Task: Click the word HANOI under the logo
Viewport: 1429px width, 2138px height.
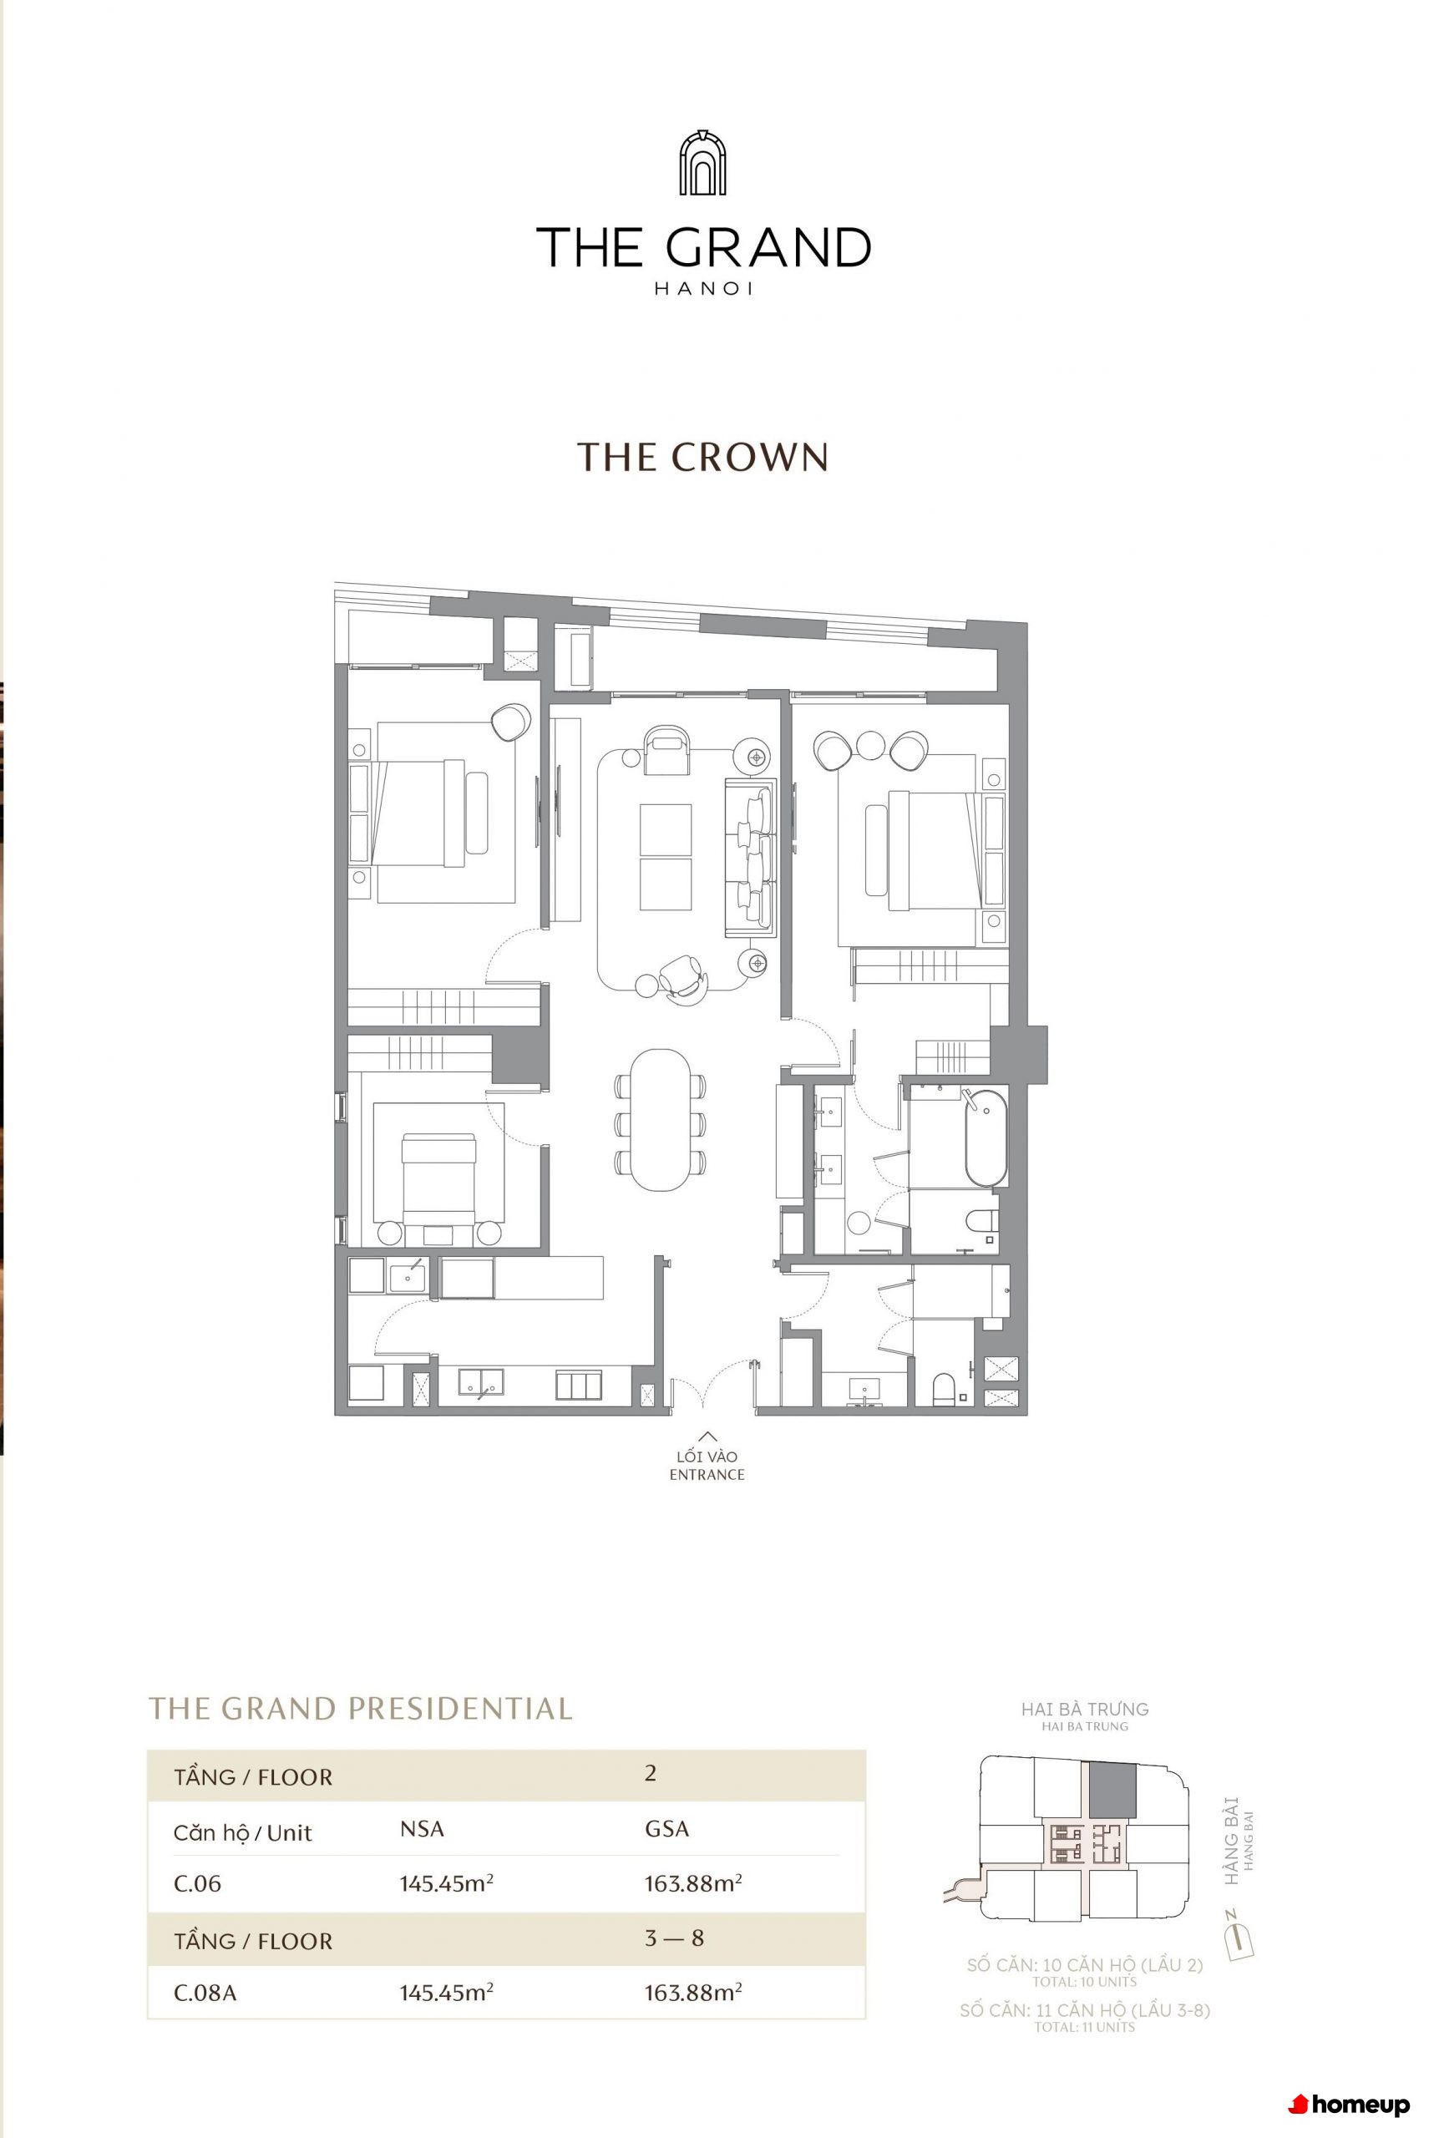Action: pos(703,289)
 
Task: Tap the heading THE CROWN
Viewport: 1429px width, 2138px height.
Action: pos(702,458)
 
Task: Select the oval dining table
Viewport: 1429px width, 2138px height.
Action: pos(661,1120)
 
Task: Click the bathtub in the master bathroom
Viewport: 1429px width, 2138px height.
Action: pos(986,1137)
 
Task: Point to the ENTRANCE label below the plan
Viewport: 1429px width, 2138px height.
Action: pos(707,1475)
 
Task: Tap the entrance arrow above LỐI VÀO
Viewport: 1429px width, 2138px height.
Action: pos(707,1437)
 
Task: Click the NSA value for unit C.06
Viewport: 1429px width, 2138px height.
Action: pos(447,1882)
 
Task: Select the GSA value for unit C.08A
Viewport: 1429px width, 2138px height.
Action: pos(693,1992)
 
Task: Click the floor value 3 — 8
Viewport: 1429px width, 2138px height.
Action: pos(674,1938)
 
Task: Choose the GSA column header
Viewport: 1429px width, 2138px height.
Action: pos(667,1829)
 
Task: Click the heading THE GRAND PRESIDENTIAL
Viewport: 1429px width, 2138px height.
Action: pos(361,1709)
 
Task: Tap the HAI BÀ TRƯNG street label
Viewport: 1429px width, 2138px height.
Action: pos(1085,1709)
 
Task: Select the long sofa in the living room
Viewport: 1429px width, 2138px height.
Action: pos(750,857)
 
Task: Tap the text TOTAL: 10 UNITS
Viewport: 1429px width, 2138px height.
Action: pos(1085,1982)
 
